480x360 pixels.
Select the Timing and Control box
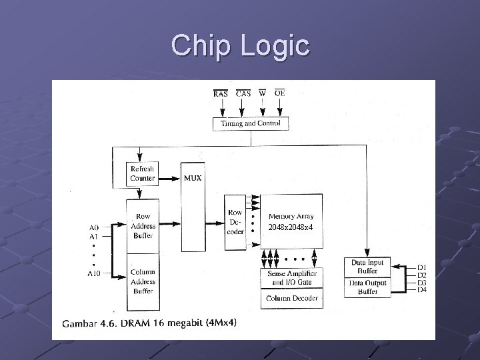251,123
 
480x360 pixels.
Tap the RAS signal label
220,94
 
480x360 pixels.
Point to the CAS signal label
243,94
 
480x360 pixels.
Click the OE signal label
279,93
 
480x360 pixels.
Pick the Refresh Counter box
143,174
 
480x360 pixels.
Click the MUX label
193,178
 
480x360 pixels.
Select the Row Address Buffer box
143,226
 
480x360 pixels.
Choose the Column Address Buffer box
143,281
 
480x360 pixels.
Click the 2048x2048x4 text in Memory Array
291,228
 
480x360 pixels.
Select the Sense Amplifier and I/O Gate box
291,278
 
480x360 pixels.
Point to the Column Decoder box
291,298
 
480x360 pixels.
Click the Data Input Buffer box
367,267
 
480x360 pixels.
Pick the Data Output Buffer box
367,287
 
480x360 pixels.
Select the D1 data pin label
421,268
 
